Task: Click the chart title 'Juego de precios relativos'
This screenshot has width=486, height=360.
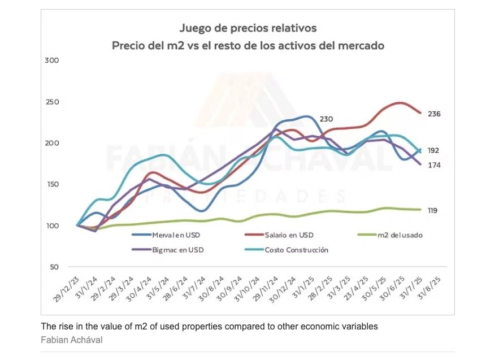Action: [248, 28]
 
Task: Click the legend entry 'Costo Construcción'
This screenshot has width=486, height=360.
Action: [296, 249]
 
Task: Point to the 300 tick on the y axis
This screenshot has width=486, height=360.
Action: [51, 60]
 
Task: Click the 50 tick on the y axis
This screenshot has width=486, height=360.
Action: [53, 267]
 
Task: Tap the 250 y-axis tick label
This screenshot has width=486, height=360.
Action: [51, 102]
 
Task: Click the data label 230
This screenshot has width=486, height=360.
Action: [326, 119]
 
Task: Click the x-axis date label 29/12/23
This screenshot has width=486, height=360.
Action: [66, 289]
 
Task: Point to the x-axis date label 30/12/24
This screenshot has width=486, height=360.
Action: [282, 289]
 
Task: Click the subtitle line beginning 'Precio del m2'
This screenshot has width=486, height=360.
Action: [248, 45]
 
